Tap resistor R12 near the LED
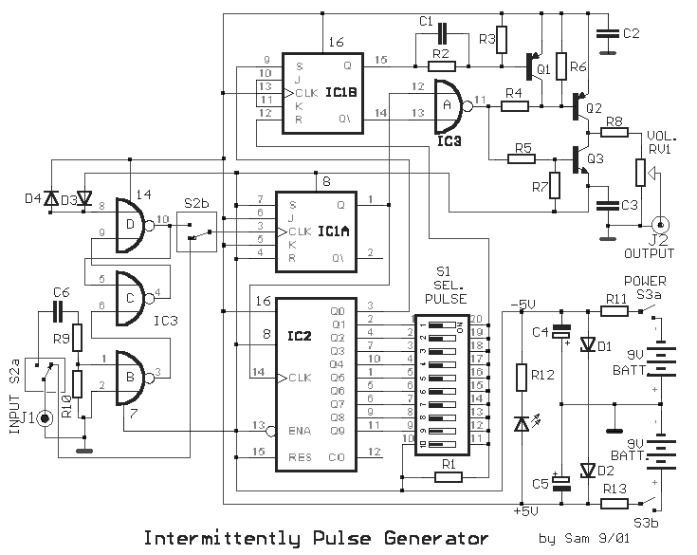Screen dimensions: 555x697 click(x=521, y=378)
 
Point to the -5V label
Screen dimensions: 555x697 click(x=523, y=305)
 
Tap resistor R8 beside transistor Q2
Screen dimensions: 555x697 click(x=614, y=132)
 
